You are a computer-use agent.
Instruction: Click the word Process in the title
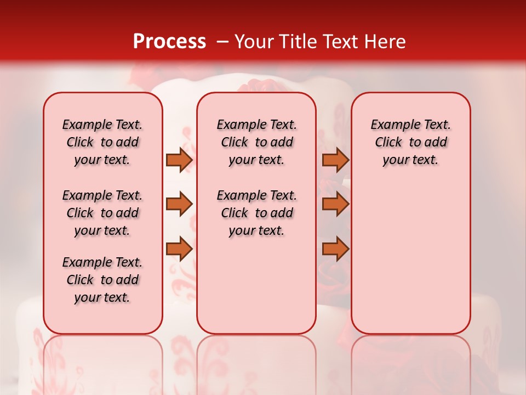click(169, 42)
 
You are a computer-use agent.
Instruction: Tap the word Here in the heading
click(384, 42)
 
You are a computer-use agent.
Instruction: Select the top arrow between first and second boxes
click(179, 160)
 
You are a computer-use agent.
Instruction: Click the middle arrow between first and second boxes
click(179, 205)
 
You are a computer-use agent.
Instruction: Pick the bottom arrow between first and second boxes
click(179, 249)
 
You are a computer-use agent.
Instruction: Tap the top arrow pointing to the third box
click(335, 160)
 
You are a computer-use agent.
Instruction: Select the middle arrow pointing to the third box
click(335, 205)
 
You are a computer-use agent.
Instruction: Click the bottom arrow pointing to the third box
click(335, 249)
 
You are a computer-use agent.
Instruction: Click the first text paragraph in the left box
click(102, 143)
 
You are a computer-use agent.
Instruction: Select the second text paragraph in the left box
click(102, 213)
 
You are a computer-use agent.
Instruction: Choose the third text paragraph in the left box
click(102, 280)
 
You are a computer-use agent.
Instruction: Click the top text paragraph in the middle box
click(256, 143)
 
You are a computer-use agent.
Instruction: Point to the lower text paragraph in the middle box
click(256, 213)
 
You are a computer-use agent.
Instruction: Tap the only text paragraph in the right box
click(410, 143)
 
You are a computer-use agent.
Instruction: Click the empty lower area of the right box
click(410, 258)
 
